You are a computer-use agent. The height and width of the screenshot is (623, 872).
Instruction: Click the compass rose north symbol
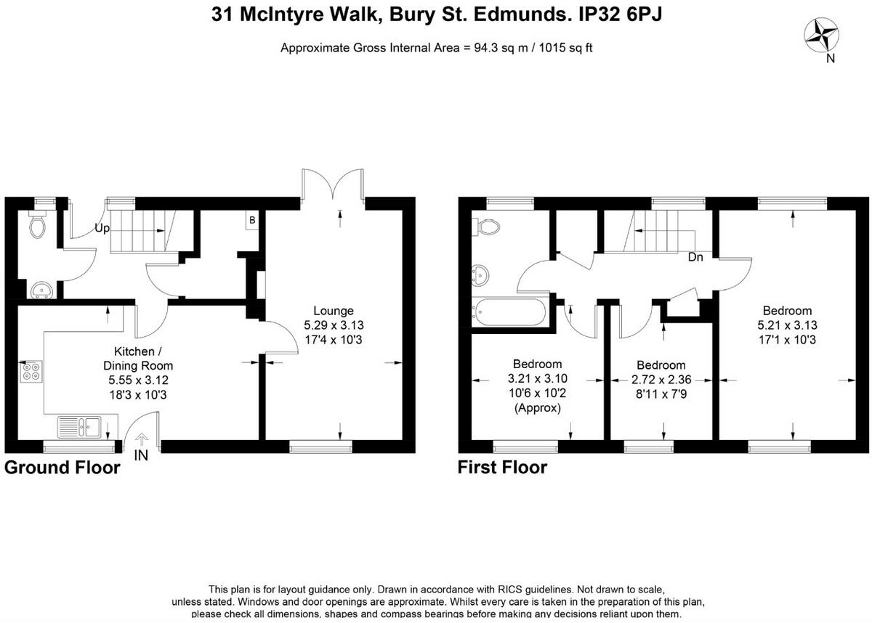823,35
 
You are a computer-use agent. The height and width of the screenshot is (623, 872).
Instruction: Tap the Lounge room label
334,311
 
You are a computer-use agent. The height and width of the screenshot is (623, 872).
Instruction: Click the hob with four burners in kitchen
32,372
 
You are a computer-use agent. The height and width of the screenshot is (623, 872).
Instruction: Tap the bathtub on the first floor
507,312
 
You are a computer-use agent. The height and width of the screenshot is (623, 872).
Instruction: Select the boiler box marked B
252,220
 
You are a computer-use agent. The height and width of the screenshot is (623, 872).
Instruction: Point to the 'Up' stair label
102,228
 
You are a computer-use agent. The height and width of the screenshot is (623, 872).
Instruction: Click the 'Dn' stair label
695,256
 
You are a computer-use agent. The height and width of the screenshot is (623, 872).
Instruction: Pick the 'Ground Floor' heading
62,468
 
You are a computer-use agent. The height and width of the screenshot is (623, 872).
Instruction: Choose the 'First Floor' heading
502,468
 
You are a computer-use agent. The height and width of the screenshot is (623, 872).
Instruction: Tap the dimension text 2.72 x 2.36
661,379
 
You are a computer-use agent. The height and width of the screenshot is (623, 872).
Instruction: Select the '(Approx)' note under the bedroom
538,407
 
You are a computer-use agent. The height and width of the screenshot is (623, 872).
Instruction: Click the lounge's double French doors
334,185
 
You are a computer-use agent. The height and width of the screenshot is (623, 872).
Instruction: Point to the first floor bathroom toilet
485,227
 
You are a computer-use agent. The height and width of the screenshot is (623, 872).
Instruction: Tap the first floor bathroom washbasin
480,274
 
